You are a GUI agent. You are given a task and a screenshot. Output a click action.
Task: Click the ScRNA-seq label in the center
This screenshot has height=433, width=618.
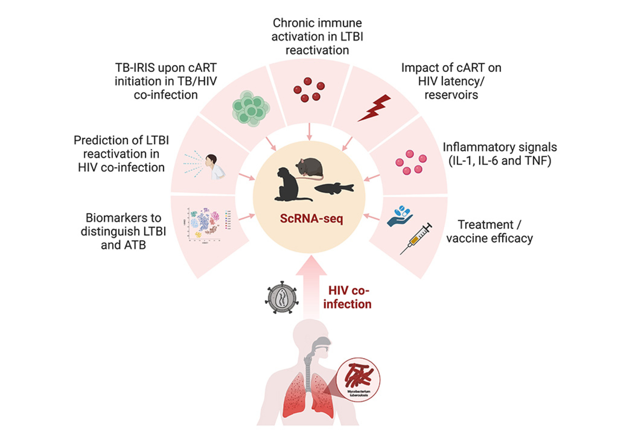(x=309, y=219)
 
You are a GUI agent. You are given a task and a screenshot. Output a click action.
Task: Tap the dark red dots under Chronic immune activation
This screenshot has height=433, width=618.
(x=309, y=91)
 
